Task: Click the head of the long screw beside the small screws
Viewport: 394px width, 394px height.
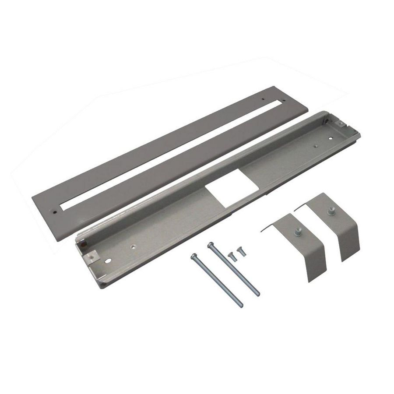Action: [211, 243]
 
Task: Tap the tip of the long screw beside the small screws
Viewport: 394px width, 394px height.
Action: [258, 294]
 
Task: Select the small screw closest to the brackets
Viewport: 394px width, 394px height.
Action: [240, 250]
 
